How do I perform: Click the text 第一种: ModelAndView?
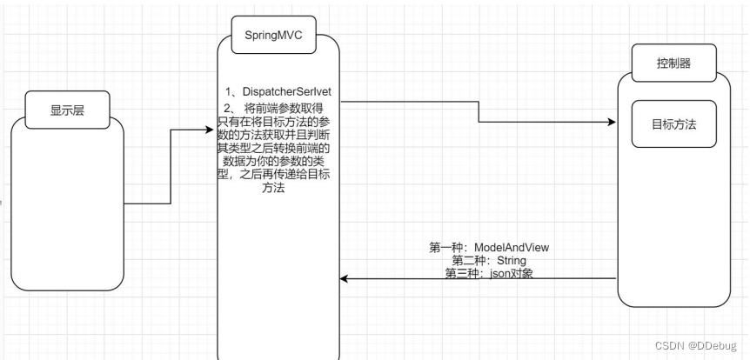(x=489, y=248)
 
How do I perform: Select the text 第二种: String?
(x=489, y=260)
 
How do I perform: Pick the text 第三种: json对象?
(x=489, y=272)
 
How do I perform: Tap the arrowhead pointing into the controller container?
(x=612, y=123)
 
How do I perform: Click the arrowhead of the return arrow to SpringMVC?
(x=344, y=279)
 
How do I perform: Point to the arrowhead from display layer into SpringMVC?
(x=209, y=130)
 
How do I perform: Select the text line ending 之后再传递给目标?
(x=278, y=177)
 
